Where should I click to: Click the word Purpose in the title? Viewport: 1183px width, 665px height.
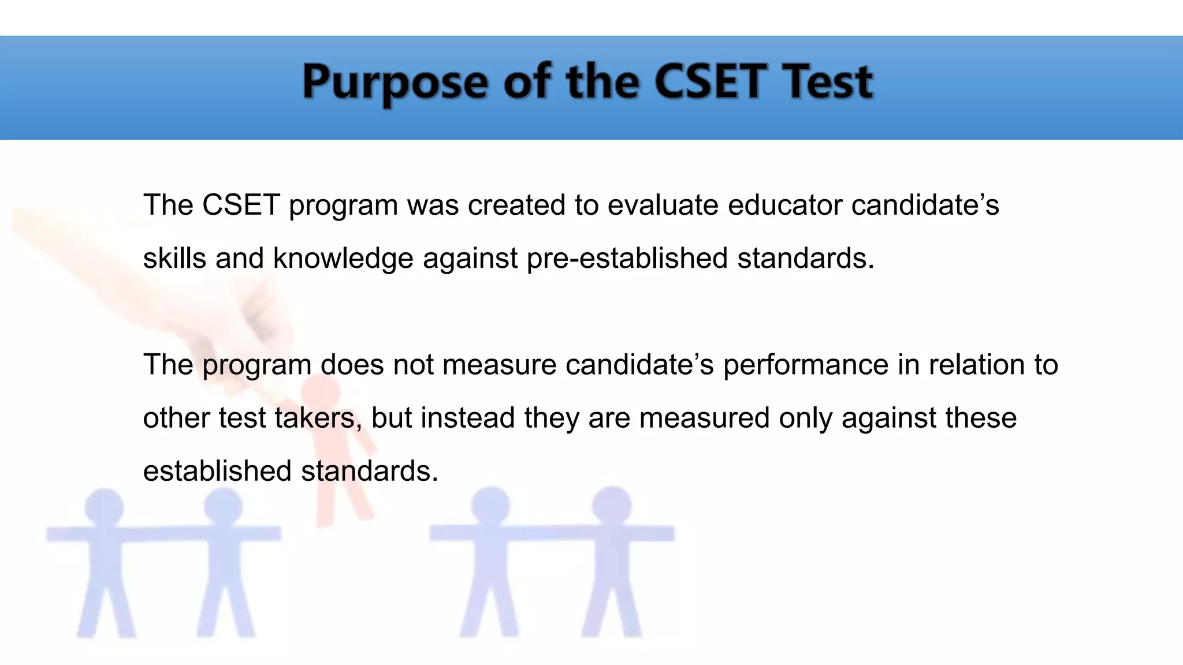[395, 83]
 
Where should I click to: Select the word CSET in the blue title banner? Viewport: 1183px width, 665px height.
[710, 81]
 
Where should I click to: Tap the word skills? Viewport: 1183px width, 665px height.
[174, 258]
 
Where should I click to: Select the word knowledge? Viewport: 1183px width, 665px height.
[343, 258]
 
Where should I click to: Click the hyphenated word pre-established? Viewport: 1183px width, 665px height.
[627, 258]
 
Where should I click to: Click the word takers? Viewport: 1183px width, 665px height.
[318, 418]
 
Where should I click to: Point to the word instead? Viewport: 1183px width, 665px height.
[467, 418]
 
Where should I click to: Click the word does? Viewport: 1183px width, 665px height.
[352, 365]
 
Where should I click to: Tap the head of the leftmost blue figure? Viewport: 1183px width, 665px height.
[104, 507]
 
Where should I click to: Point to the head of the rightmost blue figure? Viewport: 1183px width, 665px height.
[612, 505]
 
